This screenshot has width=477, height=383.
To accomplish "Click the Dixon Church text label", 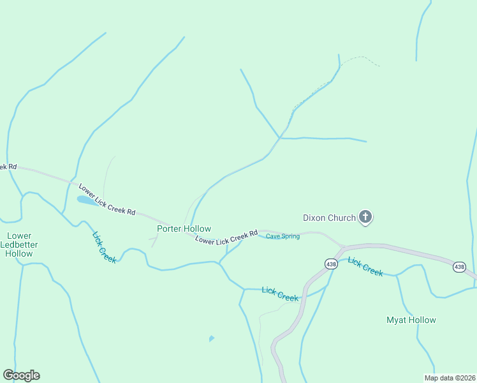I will coord(329,218).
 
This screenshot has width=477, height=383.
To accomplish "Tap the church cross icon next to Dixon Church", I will coord(366,218).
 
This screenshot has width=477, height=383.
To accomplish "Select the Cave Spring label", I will coord(283,236).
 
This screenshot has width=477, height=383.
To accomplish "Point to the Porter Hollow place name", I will coord(184,229).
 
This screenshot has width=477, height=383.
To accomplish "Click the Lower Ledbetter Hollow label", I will coord(19,244).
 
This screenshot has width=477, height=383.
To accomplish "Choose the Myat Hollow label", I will coord(411,320).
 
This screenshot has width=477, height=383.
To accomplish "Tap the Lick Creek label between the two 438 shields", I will coord(365,267).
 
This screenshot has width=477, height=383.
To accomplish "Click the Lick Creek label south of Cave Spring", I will coord(280,294).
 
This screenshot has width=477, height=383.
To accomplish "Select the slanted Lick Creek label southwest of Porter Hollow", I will coord(104,247).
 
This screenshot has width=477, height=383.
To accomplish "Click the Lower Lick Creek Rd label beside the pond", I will coord(106,199).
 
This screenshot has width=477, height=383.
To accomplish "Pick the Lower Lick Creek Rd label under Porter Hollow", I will coord(226,237).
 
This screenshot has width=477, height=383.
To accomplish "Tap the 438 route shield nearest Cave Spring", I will coord(331,264).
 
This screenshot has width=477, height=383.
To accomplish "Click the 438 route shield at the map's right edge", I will coord(459,267).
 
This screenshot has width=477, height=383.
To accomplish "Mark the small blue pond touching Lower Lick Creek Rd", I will coord(87,200).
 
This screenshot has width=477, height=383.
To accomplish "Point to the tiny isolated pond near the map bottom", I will coord(211,338).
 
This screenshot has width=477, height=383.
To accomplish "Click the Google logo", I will coord(21,375).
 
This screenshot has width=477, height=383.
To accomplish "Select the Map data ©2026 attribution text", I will coord(449,377).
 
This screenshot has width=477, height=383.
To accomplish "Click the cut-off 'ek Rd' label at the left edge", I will coord(8,167).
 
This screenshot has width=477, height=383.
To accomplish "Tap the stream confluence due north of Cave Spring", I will coord(279,137).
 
